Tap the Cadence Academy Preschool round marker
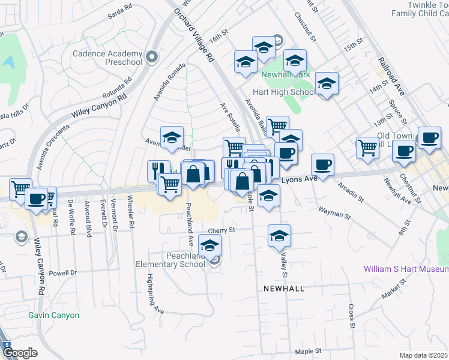tap(152, 57)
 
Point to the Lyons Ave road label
tap(299, 179)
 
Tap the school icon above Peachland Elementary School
tap(209, 246)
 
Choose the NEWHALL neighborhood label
tap(283, 289)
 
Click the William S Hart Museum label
tap(406, 269)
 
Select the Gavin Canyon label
tap(53, 315)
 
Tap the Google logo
tap(20, 353)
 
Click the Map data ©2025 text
tap(423, 355)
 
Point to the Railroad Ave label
tap(393, 76)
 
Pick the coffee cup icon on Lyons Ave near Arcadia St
tap(322, 164)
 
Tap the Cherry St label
tap(220, 230)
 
